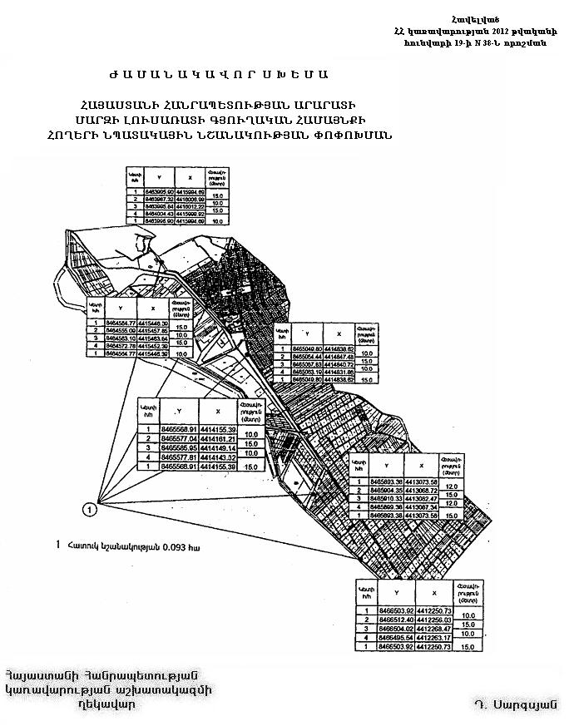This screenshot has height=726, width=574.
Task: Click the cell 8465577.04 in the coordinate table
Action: (176, 438)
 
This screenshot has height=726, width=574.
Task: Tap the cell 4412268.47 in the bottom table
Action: (434, 629)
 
